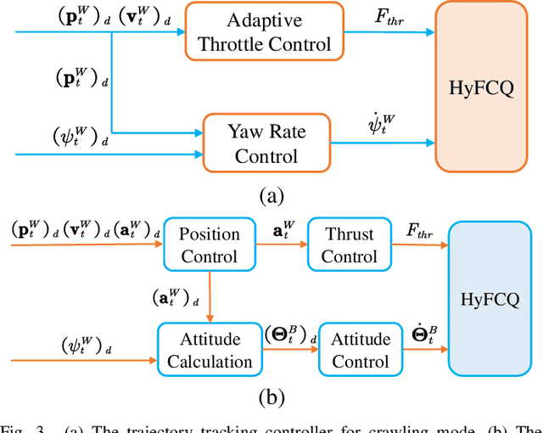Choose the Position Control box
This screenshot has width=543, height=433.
coord(210,245)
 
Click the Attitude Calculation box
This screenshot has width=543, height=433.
coord(210,350)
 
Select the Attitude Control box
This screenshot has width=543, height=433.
coord(361,350)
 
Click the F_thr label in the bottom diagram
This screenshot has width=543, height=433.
coord(420,230)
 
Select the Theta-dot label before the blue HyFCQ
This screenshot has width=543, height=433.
coord(424,334)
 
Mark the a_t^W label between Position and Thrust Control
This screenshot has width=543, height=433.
coord(280,229)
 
